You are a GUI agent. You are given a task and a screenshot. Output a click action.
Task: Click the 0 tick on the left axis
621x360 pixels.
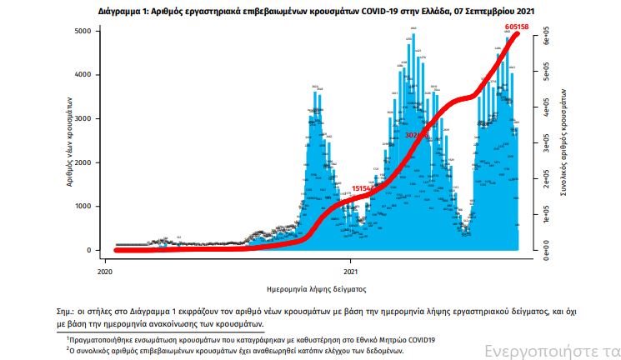98,250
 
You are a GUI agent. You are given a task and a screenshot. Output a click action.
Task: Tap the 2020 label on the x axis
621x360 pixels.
105,272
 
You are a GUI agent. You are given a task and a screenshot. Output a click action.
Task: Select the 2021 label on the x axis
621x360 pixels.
351,272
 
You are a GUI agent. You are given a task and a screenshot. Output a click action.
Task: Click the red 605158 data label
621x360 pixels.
518,27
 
